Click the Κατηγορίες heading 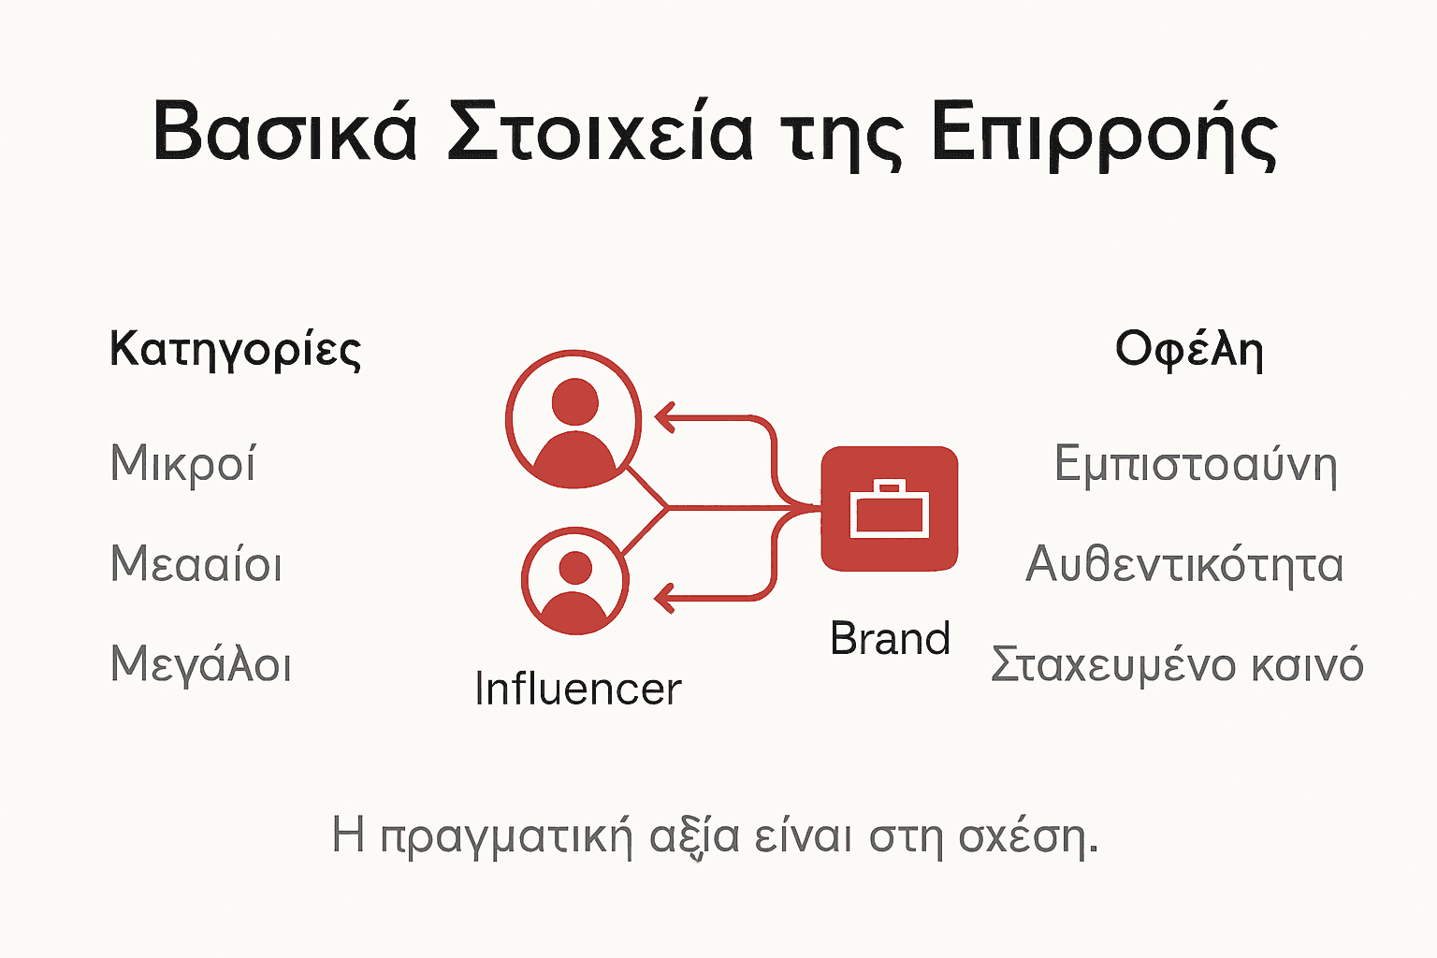point(235,351)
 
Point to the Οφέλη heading point(1189,350)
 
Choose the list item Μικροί point(183,464)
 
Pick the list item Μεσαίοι point(196,565)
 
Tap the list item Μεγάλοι point(201,665)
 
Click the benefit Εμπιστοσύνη point(1196,465)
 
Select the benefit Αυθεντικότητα point(1184,565)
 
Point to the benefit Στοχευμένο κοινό point(1177,665)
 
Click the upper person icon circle point(573,419)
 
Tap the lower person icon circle point(574,581)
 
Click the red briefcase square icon point(889,509)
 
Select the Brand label point(890,639)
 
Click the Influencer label point(577,689)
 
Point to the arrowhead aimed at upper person point(665,417)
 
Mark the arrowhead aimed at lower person point(665,597)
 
